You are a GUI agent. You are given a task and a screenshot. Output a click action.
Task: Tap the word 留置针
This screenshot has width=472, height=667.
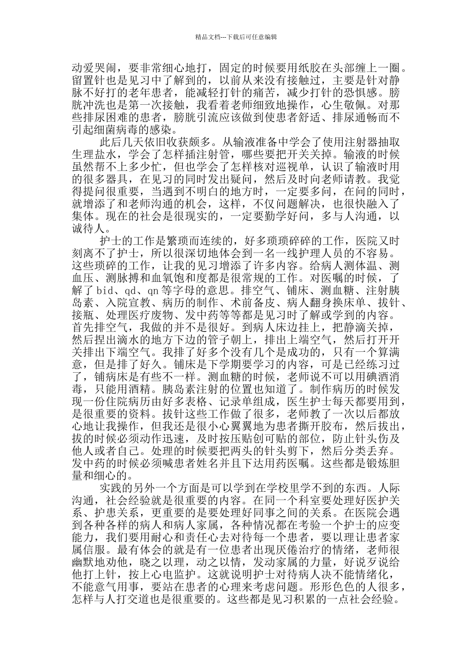[x=90, y=80]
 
